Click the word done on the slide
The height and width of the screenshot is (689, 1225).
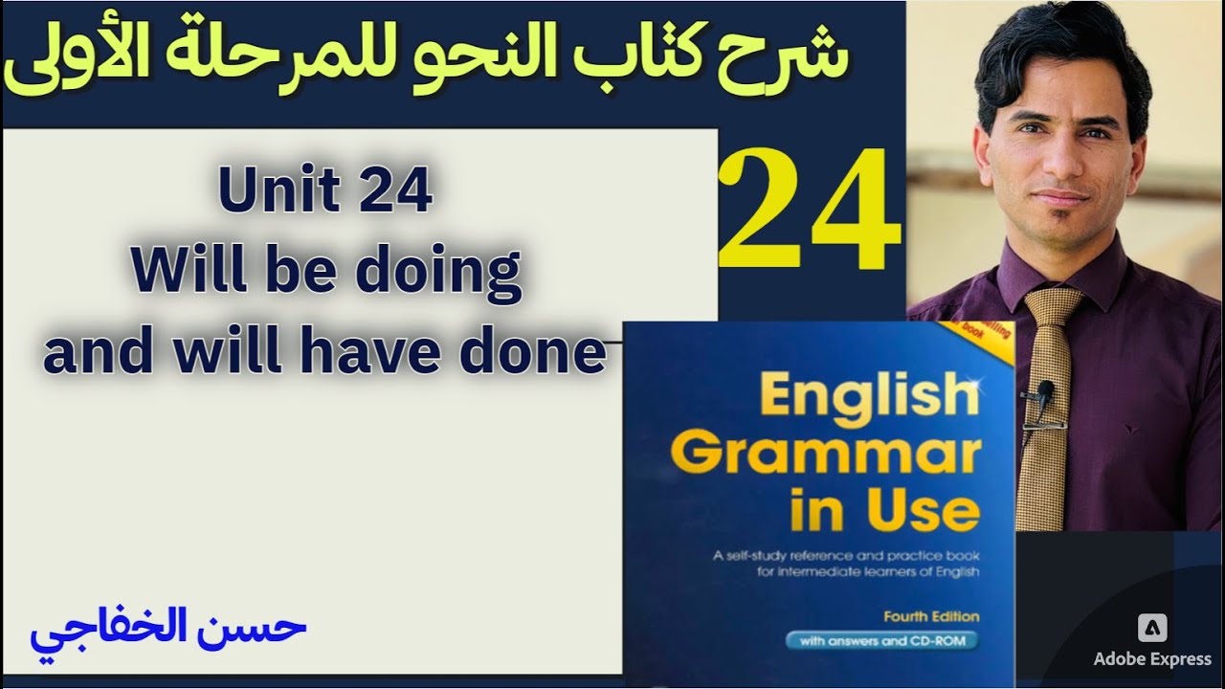pos(548,353)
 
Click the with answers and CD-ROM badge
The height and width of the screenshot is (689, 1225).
pos(882,641)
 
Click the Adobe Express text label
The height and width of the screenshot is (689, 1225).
pos(1153,659)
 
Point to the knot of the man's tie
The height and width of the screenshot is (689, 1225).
pos(1050,308)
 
